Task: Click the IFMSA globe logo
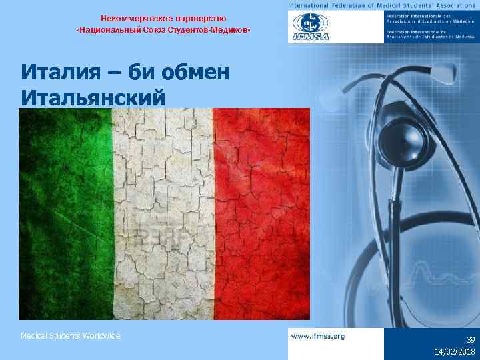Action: click(309, 27)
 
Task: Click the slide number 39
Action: click(470, 339)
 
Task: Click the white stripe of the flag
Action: click(163, 213)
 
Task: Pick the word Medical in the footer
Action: click(33, 336)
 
